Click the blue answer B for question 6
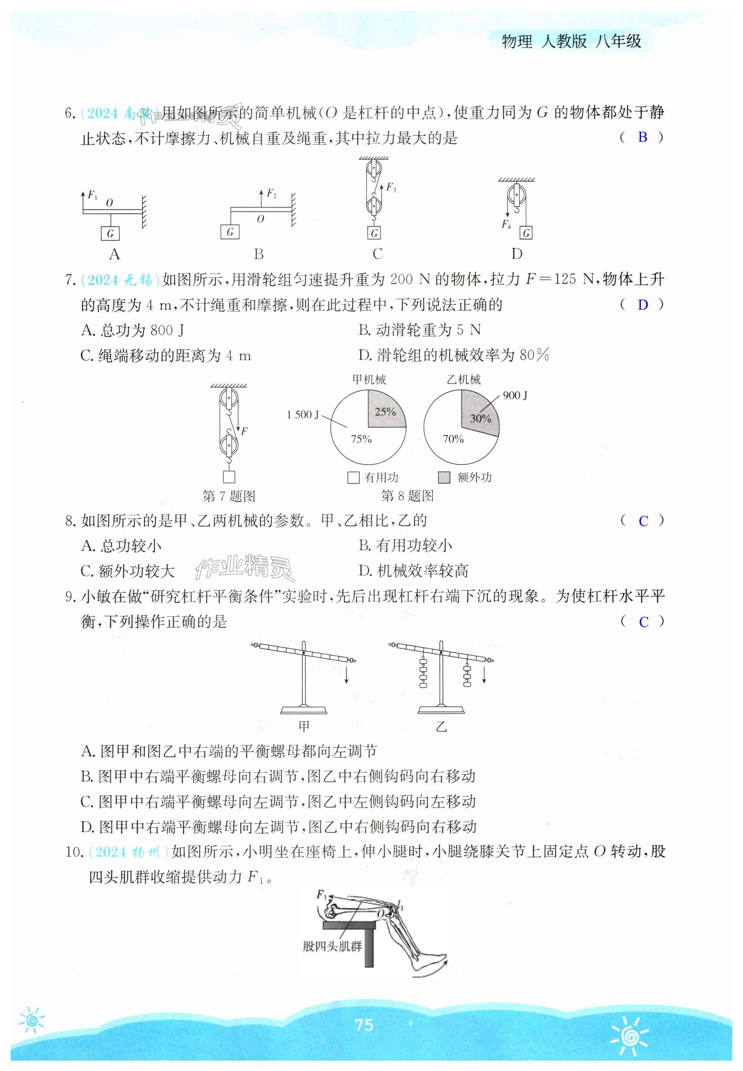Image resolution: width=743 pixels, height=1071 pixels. coord(643,137)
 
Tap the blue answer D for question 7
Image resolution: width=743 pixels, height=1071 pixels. coord(643,305)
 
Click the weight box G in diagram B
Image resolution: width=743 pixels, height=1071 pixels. coord(230,232)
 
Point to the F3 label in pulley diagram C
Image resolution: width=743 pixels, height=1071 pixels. coord(391,188)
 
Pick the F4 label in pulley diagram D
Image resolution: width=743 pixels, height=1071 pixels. coord(506,225)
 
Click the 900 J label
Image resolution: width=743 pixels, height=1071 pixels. coord(515,396)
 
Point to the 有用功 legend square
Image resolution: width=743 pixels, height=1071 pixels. coord(353,478)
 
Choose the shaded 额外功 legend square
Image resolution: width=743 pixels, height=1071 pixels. coord(444,478)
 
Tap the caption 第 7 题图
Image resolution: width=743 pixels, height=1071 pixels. coord(229,496)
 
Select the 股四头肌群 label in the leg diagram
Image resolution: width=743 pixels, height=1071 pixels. coord(332,946)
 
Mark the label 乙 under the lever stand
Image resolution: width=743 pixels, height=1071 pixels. coord(441,727)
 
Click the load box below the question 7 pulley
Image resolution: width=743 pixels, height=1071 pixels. coord(229,476)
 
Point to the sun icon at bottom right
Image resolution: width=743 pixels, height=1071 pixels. coord(630,1035)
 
